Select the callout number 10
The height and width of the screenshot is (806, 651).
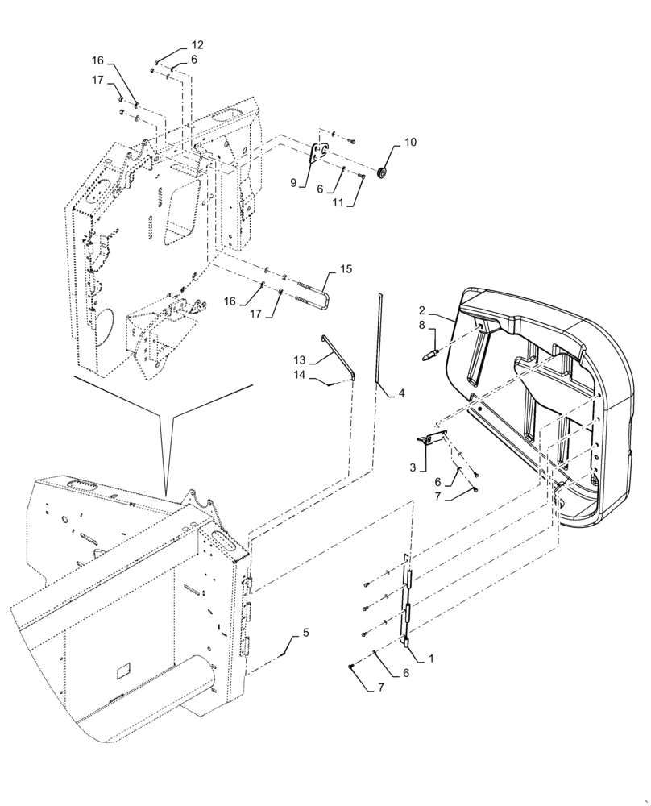(x=410, y=143)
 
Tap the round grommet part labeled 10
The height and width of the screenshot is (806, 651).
(x=383, y=172)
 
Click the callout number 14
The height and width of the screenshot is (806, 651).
(x=300, y=375)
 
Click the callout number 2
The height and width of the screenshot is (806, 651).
(x=421, y=310)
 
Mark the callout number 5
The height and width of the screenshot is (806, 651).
(x=305, y=634)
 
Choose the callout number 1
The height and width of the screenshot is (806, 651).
(x=430, y=658)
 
